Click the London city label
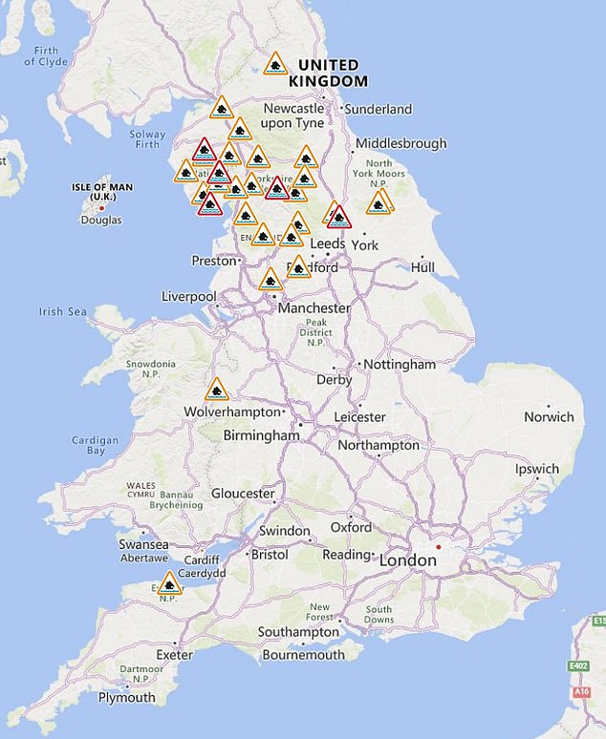[x=408, y=560]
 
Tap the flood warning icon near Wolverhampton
[x=217, y=390]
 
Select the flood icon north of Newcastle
[x=275, y=64]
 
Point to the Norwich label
[x=549, y=416]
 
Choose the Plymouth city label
[x=126, y=697]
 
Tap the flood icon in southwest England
[x=169, y=582]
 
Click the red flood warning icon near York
[x=338, y=217]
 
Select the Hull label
[x=422, y=267]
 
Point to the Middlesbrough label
[x=400, y=143]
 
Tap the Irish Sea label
[x=63, y=311]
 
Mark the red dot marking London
[x=438, y=547]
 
